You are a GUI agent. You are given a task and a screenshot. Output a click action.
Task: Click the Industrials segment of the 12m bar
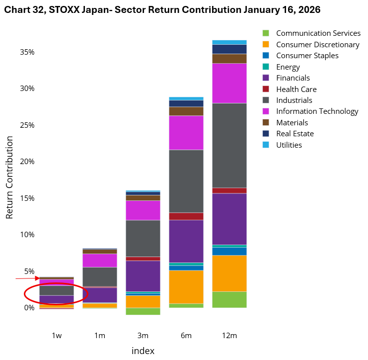(229, 145)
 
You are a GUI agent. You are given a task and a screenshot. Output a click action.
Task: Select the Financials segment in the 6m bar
(186, 241)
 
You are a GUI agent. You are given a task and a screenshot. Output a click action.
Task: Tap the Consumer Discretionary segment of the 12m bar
(229, 273)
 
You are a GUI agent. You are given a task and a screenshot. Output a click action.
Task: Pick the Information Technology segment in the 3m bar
(143, 210)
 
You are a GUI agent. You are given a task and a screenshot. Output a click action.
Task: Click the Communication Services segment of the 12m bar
(229, 299)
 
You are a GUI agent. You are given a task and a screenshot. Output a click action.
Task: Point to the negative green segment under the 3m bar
(143, 311)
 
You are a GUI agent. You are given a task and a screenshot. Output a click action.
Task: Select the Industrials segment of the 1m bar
(100, 276)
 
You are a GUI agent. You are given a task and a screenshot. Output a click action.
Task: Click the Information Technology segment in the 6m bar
(186, 133)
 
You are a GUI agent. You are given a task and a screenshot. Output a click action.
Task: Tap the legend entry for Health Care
(296, 89)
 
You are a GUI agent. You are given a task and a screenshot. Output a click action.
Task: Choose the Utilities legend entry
(289, 145)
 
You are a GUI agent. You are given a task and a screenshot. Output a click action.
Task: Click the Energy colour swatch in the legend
(266, 67)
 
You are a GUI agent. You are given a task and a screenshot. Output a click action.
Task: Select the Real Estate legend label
(294, 134)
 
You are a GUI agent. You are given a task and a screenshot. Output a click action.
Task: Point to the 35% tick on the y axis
(27, 52)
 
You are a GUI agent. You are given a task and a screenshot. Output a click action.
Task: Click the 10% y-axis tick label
(27, 235)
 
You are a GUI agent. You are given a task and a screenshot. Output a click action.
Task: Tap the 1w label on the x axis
(57, 336)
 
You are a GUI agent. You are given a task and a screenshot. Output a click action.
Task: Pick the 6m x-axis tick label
(186, 336)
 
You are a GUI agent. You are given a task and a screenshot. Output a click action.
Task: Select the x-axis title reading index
(143, 351)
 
